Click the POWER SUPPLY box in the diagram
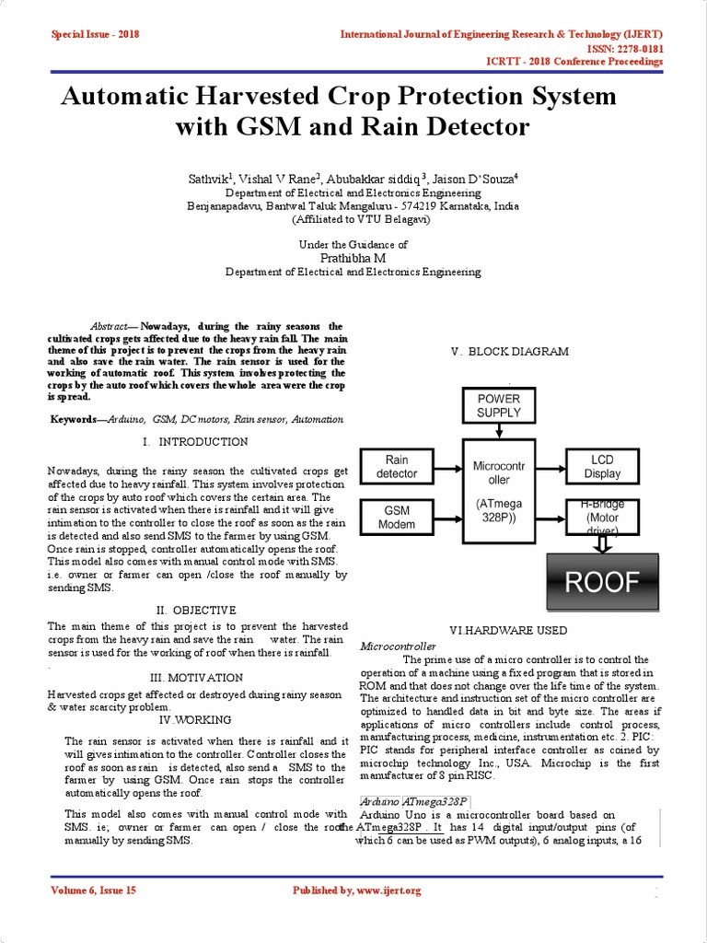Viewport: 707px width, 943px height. coord(498,406)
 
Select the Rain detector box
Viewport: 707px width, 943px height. coord(397,467)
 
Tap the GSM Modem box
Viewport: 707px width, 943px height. coord(397,518)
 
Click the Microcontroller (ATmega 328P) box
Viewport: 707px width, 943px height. coord(498,492)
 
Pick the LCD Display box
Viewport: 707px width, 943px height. coord(602,467)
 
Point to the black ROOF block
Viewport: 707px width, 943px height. coord(602,583)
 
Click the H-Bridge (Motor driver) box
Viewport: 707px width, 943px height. coord(602,518)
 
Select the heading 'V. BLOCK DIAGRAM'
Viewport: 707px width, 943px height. coord(509,352)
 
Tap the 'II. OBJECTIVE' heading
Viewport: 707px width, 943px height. coord(196,610)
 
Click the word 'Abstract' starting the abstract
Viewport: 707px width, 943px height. coord(109,327)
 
